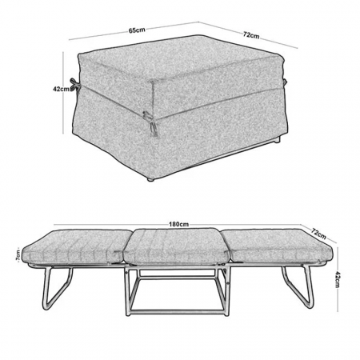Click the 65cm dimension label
coord(137,30)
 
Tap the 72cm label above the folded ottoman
coord(251,35)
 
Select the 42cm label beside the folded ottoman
coord(61,89)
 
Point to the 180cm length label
coord(178,224)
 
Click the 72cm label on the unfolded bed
coord(318,233)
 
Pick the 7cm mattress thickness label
coord(18,256)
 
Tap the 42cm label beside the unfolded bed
coord(337,279)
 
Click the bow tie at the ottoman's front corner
coord(150,122)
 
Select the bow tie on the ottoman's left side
coord(74,86)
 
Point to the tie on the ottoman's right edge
coord(285,82)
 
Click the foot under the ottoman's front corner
coord(151,179)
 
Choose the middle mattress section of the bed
coord(176,246)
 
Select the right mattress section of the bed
coord(278,246)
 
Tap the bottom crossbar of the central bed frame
coord(176,312)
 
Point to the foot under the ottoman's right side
coord(278,139)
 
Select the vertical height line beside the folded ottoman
coord(63,92)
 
